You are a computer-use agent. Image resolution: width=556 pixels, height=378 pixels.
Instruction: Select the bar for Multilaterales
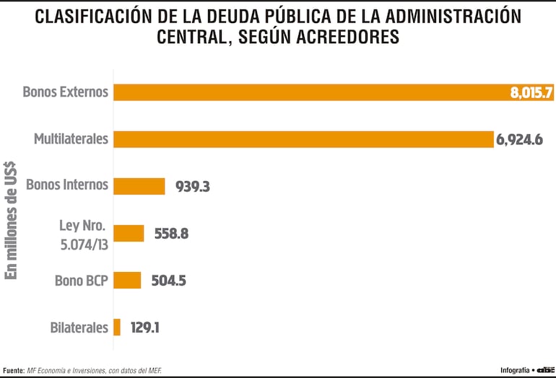303,139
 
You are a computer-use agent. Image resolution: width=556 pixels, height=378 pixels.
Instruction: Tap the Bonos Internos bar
139,186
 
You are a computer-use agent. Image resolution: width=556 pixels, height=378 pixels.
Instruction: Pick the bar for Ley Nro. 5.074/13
129,233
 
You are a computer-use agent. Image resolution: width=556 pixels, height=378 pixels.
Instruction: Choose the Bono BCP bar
127,280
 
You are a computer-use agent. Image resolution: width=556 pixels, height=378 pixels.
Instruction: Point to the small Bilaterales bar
117,327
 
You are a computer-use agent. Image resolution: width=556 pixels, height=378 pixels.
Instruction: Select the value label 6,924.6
519,140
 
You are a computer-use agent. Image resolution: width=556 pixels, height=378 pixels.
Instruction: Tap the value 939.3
192,187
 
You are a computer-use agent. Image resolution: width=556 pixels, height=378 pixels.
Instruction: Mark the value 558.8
171,234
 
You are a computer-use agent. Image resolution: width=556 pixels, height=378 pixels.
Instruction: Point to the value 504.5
168,281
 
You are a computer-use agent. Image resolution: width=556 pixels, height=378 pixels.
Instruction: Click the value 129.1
145,328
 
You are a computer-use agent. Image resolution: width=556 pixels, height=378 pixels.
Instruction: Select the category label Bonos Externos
65,92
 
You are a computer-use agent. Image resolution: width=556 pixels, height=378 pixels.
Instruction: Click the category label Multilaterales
71,139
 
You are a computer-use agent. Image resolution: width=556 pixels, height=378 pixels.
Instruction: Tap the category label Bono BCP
81,280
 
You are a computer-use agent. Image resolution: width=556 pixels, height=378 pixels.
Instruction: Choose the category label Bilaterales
79,327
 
